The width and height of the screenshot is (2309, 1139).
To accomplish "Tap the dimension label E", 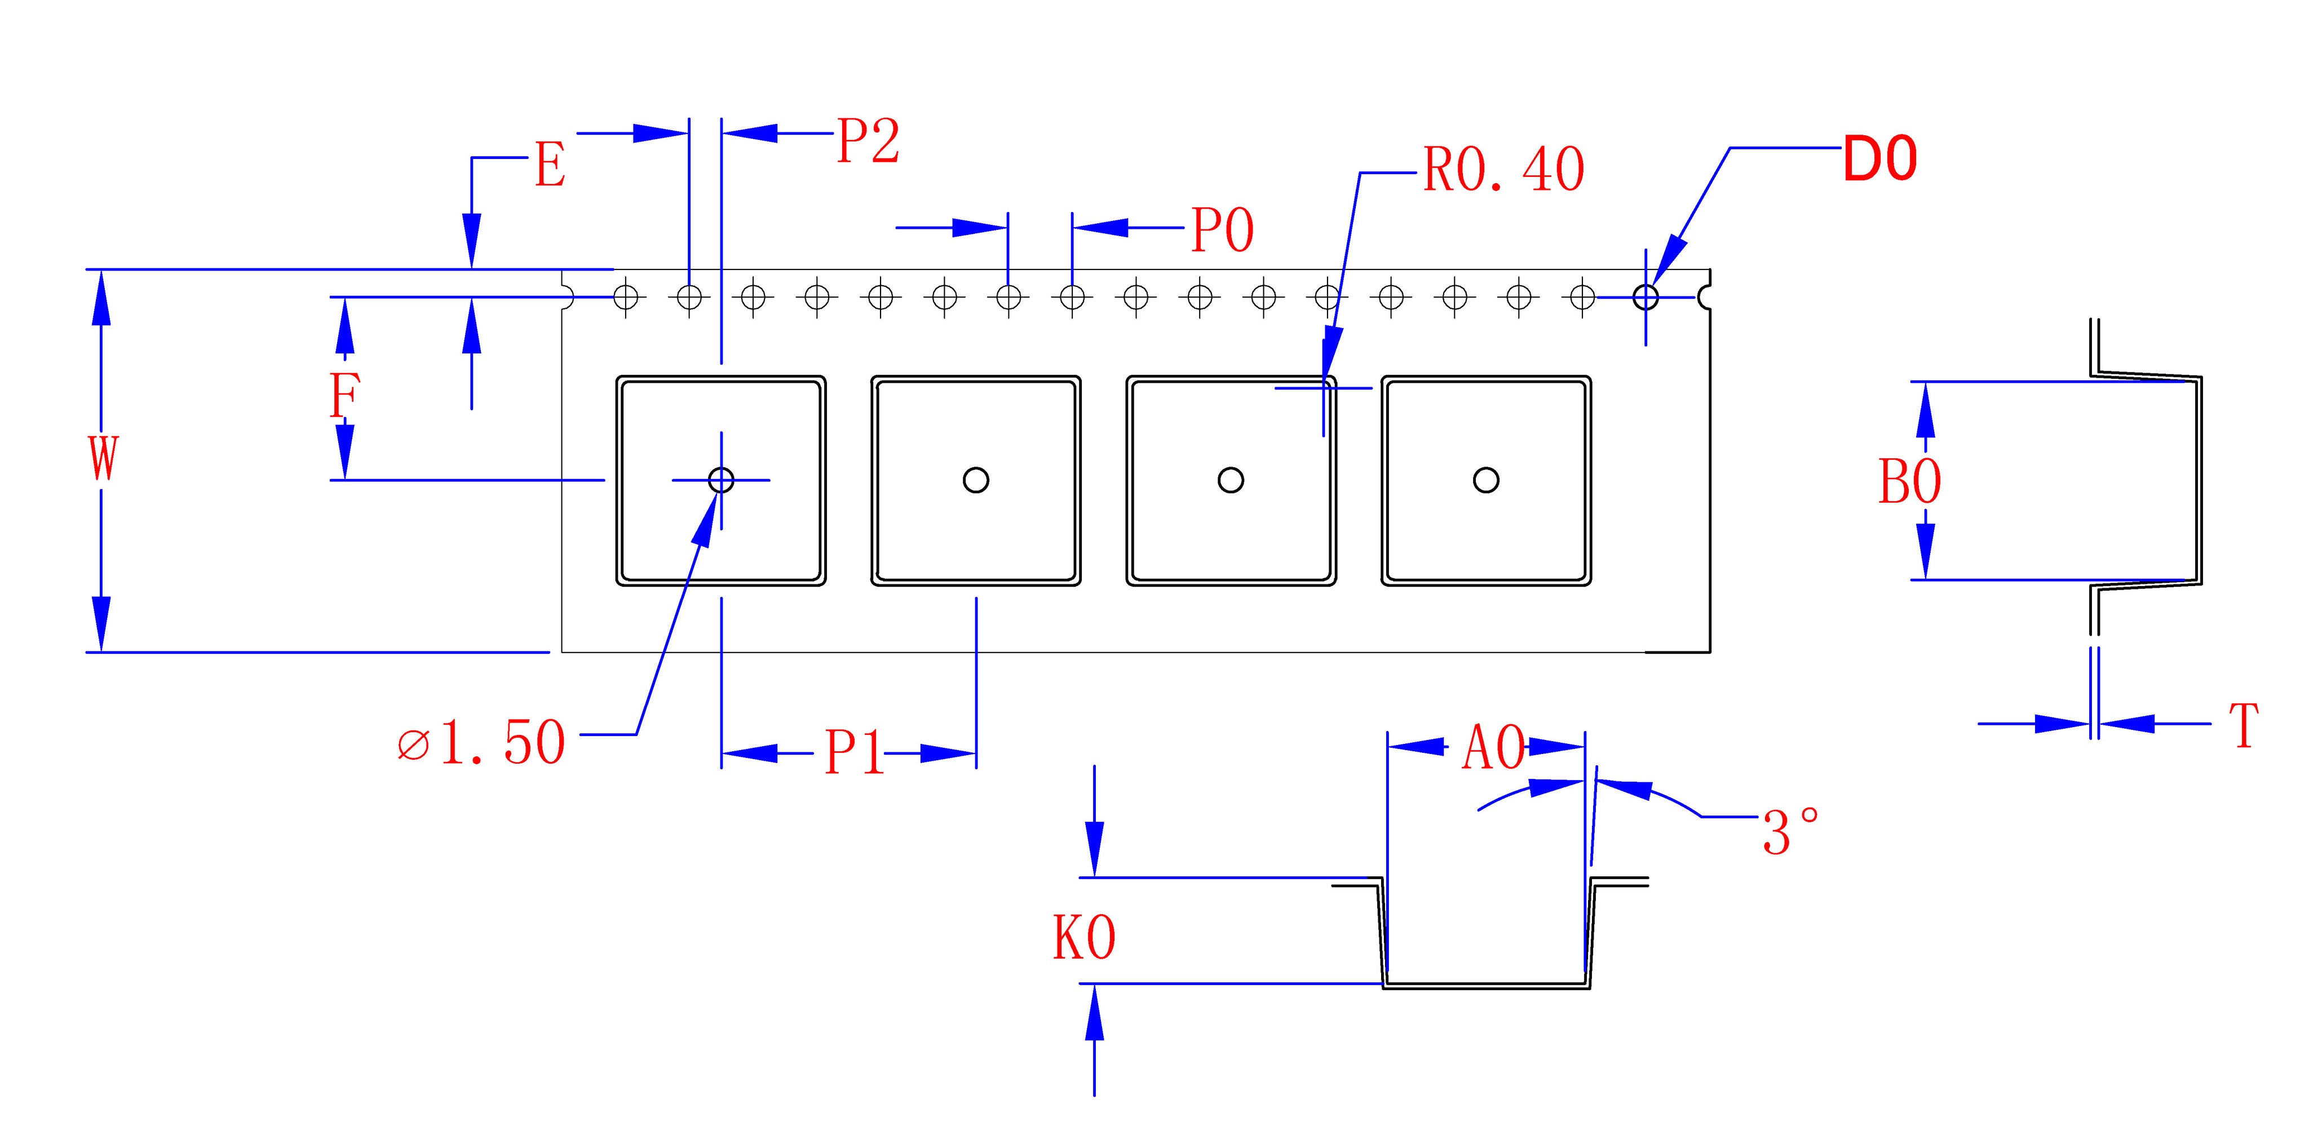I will point(550,166).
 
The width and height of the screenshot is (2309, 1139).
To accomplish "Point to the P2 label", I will point(867,141).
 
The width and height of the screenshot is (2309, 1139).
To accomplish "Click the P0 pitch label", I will point(1222,231).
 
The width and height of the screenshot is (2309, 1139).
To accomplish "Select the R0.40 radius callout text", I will point(1503,170).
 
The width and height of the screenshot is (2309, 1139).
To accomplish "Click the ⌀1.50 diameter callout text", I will point(481,742).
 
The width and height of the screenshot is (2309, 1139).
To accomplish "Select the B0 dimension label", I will point(1909,481).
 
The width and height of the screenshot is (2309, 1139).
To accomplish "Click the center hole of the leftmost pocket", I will point(720,480).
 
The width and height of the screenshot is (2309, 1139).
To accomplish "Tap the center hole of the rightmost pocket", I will point(1485,480).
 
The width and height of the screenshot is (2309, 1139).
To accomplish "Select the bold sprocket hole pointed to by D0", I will point(1645,296).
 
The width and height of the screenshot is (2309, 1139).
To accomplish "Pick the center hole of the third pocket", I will point(1231,480).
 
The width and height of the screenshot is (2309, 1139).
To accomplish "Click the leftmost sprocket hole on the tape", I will point(626,296).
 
